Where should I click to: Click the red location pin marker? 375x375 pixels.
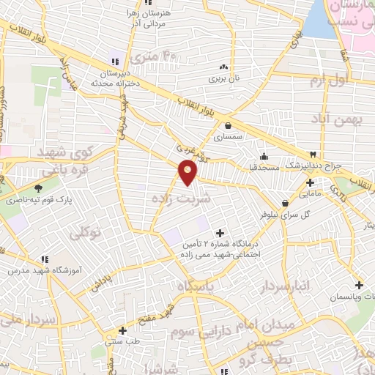pyautogui.click(x=188, y=173)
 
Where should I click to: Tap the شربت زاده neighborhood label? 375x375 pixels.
pyautogui.click(x=180, y=198)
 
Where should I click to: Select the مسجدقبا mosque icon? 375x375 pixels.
pyautogui.click(x=263, y=156)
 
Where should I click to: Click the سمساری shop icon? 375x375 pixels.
pyautogui.click(x=229, y=125)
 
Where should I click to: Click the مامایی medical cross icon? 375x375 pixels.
pyautogui.click(x=310, y=182)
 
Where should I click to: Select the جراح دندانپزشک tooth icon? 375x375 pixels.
pyautogui.click(x=313, y=155)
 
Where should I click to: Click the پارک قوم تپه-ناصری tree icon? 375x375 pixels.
pyautogui.click(x=37, y=188)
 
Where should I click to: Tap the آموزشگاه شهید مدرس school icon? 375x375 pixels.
pyautogui.click(x=45, y=259)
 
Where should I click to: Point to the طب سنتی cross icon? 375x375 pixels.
pyautogui.click(x=122, y=330)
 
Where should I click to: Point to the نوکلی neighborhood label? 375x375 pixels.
pyautogui.click(x=84, y=233)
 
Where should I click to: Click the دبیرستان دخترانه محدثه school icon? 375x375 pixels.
pyautogui.click(x=114, y=61)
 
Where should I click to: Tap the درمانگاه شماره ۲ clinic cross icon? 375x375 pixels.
pyautogui.click(x=220, y=232)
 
